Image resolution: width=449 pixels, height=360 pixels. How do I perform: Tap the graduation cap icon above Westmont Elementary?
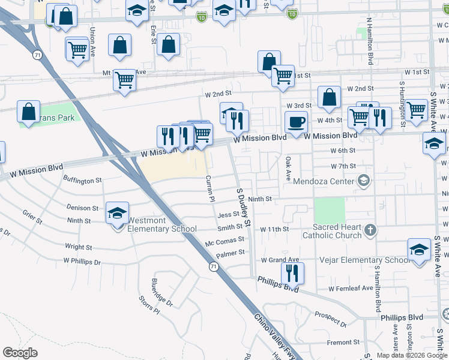(x=117, y=212)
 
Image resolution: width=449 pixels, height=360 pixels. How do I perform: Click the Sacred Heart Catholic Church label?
(x=337, y=231)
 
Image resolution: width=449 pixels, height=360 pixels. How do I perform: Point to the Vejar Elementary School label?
(x=376, y=260)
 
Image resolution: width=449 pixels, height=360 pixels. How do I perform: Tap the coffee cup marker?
(x=296, y=122)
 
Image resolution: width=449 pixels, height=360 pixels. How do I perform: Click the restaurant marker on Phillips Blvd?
(x=292, y=272)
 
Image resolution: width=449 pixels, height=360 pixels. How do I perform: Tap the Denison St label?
(x=82, y=208)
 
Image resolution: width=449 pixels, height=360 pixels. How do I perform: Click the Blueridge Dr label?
(x=161, y=292)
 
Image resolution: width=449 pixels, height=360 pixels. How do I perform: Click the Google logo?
(x=20, y=352)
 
